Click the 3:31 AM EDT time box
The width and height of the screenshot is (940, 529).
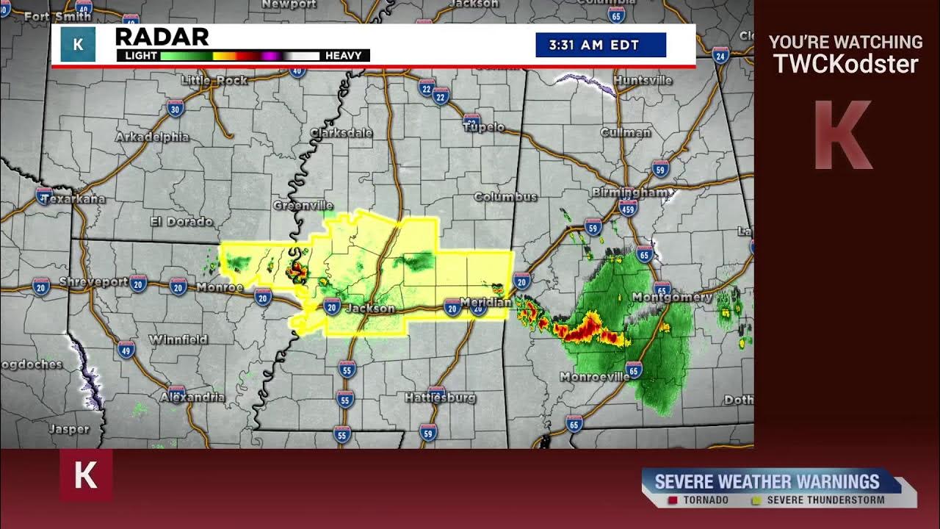(x=601, y=45)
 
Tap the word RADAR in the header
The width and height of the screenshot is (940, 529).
(x=162, y=37)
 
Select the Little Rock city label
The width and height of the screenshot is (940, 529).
(x=214, y=80)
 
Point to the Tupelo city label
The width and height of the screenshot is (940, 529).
(x=484, y=127)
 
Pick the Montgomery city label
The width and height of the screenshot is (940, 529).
(x=672, y=298)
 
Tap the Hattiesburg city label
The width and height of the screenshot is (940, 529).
(x=440, y=397)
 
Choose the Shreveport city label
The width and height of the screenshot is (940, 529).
(x=93, y=282)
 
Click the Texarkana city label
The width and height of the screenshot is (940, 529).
(x=73, y=199)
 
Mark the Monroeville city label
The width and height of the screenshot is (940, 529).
(x=594, y=377)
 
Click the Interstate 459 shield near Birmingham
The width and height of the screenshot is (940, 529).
(x=628, y=210)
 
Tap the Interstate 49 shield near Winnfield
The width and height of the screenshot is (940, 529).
(x=126, y=349)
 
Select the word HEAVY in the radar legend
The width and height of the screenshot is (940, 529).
(x=343, y=56)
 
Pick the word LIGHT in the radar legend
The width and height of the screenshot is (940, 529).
(x=141, y=56)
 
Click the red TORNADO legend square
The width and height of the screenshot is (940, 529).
(x=672, y=500)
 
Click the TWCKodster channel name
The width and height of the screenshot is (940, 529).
(x=845, y=65)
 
